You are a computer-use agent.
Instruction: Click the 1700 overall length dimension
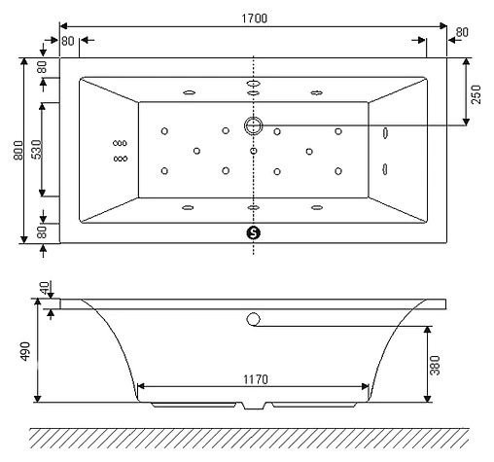click(x=254, y=17)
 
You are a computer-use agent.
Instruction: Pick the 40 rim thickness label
click(x=43, y=289)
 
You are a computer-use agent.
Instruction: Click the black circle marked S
click(x=254, y=232)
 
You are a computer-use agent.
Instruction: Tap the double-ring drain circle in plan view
click(x=254, y=125)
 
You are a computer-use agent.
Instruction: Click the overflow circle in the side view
click(x=254, y=319)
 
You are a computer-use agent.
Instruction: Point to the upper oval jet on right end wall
click(x=386, y=133)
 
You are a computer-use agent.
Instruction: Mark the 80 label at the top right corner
click(x=461, y=33)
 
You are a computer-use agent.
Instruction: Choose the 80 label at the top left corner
click(x=67, y=41)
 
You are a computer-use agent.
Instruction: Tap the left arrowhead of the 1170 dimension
click(x=141, y=386)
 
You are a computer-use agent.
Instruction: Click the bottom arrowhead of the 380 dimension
click(x=429, y=399)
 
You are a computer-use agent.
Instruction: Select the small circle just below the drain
click(x=254, y=151)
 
